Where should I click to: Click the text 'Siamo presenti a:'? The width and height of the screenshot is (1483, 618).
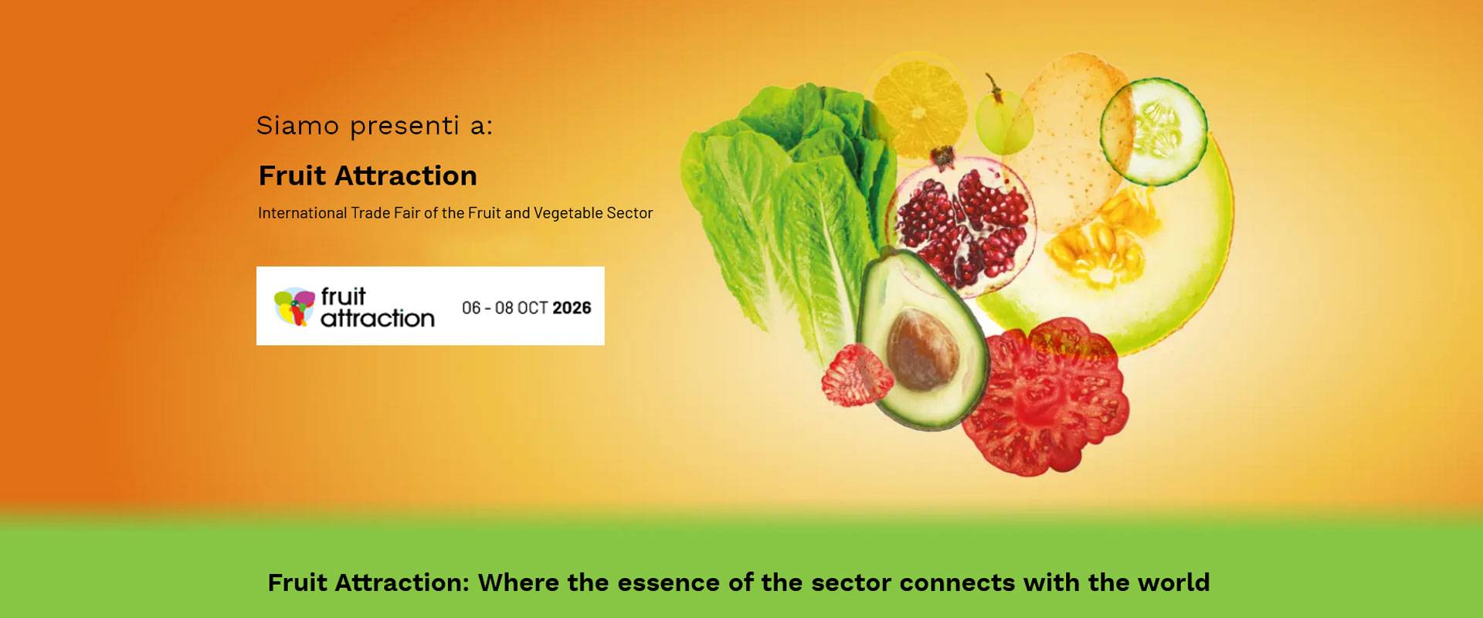[x=375, y=126]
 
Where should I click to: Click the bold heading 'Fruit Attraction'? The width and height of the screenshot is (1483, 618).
[x=368, y=176]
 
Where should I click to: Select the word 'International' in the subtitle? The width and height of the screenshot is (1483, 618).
[x=302, y=213]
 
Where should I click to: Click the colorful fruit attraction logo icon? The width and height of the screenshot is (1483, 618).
[x=294, y=307]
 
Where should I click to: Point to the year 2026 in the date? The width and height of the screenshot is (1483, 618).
[x=572, y=307]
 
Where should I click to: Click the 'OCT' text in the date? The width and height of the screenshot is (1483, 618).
[x=533, y=307]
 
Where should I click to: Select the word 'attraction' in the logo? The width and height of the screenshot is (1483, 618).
[x=378, y=318]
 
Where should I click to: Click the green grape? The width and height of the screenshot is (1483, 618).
[x=1003, y=121]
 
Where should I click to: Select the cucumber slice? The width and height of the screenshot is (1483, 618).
[x=1153, y=131]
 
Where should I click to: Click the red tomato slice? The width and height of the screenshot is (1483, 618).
[x=1045, y=396]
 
